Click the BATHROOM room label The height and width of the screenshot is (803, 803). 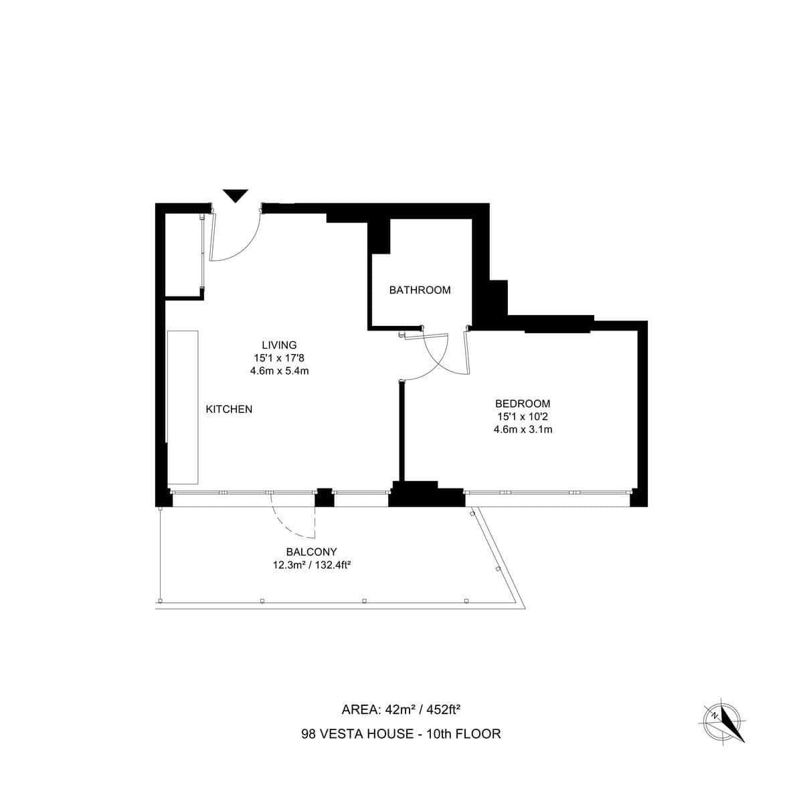tap(420, 290)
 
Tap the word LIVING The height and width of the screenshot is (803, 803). tap(279, 345)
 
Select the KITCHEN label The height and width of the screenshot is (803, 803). tap(229, 409)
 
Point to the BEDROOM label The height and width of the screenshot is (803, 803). tap(523, 404)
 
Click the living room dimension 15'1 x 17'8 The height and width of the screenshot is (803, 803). tap(279, 358)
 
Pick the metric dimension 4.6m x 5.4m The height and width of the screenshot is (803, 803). tap(279, 370)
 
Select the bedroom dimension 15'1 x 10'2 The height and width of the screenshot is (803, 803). tap(523, 416)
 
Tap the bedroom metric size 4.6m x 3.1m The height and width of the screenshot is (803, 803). tap(523, 429)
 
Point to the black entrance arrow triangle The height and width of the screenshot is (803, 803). tap(235, 195)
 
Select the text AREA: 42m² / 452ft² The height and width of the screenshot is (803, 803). tap(401, 709)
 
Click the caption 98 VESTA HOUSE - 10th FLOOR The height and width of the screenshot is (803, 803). tap(401, 733)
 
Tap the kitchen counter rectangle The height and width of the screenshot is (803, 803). tap(183, 407)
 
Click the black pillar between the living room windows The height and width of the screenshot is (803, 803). tap(324, 497)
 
